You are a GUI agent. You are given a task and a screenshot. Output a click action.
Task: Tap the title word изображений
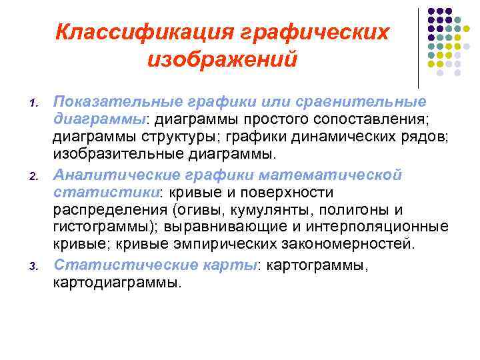pos(223,61)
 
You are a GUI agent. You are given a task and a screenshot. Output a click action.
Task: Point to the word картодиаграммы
pos(115,282)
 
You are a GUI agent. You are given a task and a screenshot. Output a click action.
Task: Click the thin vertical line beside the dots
pos(417,47)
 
